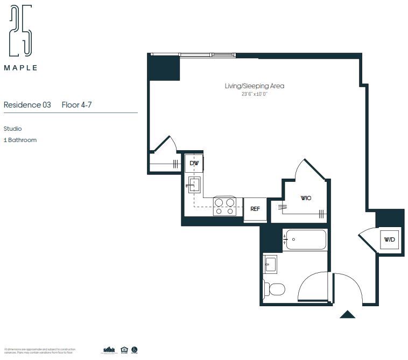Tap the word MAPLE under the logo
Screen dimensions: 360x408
(21, 68)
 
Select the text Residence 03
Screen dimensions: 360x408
(27, 105)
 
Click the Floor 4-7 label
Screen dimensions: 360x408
(76, 105)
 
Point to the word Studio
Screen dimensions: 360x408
(13, 129)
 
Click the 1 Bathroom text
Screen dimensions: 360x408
(20, 140)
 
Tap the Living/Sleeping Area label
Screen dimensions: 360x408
(254, 86)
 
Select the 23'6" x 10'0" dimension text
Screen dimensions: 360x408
(254, 94)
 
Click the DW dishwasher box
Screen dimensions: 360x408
(194, 163)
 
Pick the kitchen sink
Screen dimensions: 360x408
(194, 185)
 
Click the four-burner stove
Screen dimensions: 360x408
(225, 206)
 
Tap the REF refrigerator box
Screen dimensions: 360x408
(255, 209)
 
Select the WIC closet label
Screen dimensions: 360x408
(306, 198)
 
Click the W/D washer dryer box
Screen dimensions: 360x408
(389, 239)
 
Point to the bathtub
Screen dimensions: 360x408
(305, 239)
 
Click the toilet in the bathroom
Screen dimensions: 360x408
(275, 290)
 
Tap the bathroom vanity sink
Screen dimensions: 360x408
(270, 264)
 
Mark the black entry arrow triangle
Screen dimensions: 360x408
(348, 314)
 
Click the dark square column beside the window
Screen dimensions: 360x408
(164, 68)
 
